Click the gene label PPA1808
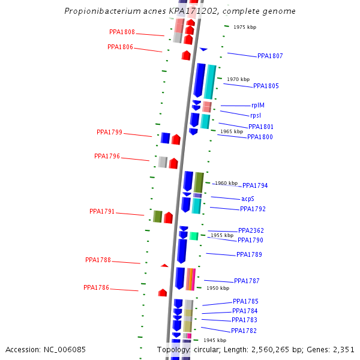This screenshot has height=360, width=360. click(122, 32)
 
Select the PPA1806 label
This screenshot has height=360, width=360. click(120, 47)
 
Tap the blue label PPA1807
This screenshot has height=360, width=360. click(270, 56)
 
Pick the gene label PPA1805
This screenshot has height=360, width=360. click(266, 86)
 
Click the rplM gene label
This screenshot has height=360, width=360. click(258, 105)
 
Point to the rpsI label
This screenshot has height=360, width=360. click(256, 115)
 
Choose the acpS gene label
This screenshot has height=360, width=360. click(248, 199)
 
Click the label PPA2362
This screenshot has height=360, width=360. click(251, 230)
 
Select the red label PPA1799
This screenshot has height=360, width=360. click(109, 132)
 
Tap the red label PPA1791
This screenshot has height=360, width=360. click(102, 211)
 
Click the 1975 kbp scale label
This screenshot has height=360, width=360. click(244, 27)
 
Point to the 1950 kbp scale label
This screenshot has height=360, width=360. click(218, 288)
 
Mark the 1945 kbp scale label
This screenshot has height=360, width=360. click(214, 340)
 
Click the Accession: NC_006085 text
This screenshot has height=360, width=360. click(46, 349)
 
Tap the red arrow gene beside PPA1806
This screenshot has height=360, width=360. click(186, 55)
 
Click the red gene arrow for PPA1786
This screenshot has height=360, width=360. click(163, 292)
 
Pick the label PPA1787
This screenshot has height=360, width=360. click(247, 281)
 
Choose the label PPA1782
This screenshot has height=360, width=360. click(244, 331)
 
